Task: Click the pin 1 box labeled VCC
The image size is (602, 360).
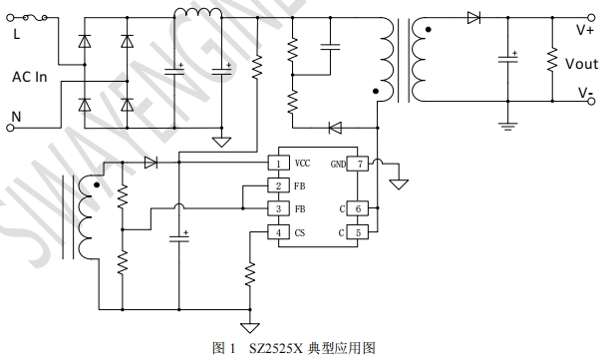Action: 278,163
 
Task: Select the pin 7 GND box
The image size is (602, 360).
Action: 358,164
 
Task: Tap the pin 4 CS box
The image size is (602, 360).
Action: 278,232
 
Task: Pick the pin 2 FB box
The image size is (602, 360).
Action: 278,185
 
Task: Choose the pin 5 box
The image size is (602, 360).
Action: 358,232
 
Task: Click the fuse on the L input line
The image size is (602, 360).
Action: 35,17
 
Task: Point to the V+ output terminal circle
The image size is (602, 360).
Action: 592,17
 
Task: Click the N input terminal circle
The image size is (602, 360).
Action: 10,128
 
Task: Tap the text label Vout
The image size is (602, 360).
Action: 582,64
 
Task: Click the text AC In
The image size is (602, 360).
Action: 30,77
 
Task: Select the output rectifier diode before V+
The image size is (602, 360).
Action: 473,17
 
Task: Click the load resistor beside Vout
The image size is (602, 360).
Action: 552,60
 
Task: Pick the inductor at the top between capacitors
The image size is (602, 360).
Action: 198,13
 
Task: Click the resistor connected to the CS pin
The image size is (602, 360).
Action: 250,274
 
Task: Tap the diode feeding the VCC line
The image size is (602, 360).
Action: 150,163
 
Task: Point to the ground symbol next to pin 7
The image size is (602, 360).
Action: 399,184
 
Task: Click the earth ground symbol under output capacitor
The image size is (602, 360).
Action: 507,126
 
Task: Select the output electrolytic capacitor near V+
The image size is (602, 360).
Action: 507,59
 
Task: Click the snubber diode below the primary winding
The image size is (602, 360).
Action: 335,128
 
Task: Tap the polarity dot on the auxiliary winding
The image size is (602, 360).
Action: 97,185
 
